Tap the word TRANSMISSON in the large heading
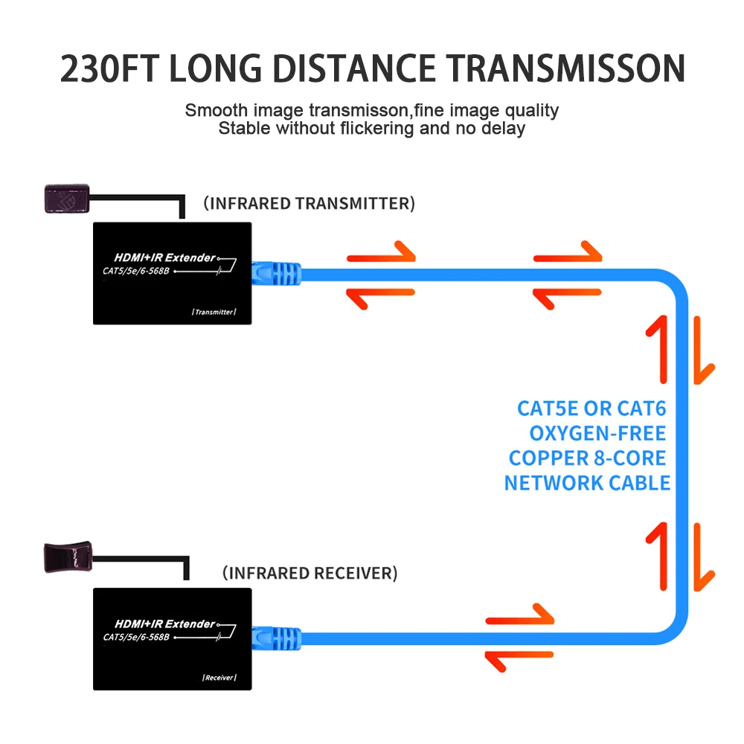[x=565, y=68]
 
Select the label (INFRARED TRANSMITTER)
[x=309, y=203]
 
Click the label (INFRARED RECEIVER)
[x=310, y=573]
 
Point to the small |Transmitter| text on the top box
[x=214, y=312]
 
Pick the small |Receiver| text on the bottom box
[x=219, y=678]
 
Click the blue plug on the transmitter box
[x=275, y=273]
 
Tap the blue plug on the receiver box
[x=275, y=639]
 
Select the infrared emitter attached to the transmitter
[x=66, y=197]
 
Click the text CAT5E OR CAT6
[x=591, y=408]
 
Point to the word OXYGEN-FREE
[x=597, y=433]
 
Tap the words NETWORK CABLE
[x=587, y=483]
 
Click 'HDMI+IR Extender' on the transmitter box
[x=165, y=257]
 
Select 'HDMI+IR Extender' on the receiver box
[x=165, y=623]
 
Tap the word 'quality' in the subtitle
[x=532, y=111]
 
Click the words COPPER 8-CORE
[x=587, y=458]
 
